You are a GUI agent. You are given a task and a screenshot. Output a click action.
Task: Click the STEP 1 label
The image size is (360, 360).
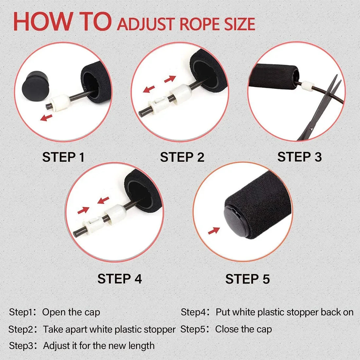click(x=63, y=157)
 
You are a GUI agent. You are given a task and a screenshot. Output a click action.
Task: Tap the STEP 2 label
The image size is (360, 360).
click(x=182, y=157)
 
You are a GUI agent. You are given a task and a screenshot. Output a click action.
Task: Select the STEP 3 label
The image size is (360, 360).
click(x=299, y=157)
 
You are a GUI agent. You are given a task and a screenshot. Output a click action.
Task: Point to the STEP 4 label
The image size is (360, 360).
click(x=119, y=279)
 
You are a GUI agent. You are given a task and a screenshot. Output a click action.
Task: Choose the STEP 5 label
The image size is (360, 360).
click(x=247, y=279)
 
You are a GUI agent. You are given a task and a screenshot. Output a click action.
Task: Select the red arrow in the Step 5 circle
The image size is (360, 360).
click(x=214, y=231)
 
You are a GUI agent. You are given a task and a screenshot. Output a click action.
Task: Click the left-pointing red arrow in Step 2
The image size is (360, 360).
click(x=149, y=89)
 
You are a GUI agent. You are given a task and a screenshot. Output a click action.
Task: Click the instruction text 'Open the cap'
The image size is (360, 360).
click(x=71, y=312)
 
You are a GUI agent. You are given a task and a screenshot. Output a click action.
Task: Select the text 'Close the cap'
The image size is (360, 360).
click(x=243, y=329)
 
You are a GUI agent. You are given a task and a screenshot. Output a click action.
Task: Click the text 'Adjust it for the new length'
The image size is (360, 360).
click(x=99, y=346)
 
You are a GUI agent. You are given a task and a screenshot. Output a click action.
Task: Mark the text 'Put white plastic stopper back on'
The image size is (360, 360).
click(x=284, y=312)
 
